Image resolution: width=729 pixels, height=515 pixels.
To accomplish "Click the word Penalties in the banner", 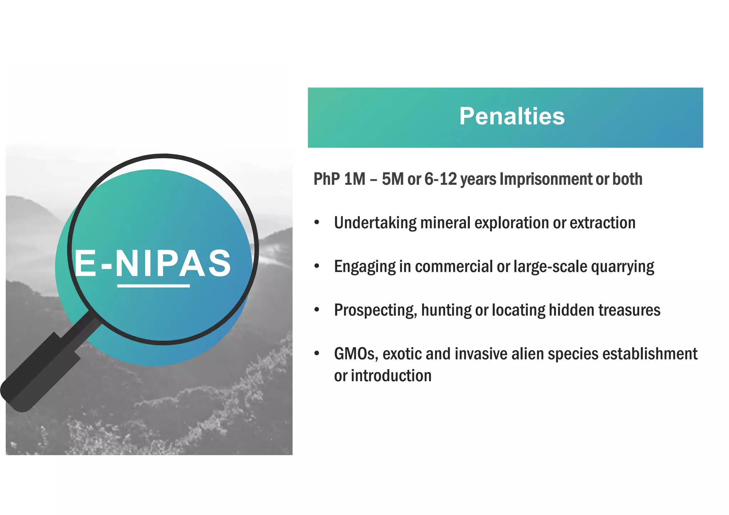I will [512, 116].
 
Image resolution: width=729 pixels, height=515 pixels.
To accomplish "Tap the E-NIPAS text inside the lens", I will [153, 263].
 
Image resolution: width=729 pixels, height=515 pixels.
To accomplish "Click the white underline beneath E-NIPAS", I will [153, 286].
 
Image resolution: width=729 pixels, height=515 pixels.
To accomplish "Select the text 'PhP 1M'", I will [339, 179].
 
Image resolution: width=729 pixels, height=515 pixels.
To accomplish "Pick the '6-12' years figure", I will [440, 179].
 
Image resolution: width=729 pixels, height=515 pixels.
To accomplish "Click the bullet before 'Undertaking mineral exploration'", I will [317, 223].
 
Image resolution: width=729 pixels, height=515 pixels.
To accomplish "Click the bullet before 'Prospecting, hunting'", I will [317, 310].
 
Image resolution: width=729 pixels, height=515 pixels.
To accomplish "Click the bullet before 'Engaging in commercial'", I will [317, 266].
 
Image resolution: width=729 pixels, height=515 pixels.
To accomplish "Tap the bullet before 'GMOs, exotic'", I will [317, 354].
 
